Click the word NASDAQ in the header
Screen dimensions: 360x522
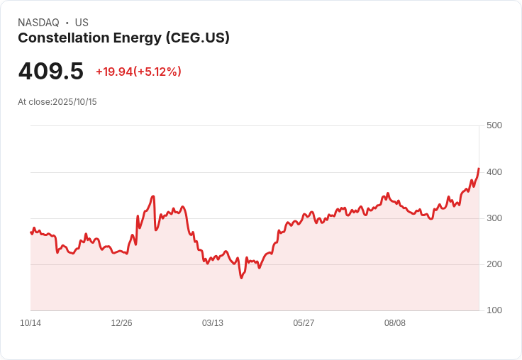pos(38,23)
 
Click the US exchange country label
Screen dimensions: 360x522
pos(82,23)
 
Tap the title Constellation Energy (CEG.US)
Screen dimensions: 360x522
pos(123,38)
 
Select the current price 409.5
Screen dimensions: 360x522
pos(50,72)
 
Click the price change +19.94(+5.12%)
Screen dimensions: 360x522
pos(138,72)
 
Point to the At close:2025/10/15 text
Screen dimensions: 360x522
pos(57,102)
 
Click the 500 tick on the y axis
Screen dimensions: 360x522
pos(494,125)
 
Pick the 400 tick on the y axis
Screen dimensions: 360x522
pos(494,172)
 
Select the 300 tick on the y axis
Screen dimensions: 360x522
pos(494,218)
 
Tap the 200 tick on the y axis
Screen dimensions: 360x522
pos(494,264)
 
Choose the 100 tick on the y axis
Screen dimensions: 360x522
pos(494,310)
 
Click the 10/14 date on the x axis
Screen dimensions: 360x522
pos(30,323)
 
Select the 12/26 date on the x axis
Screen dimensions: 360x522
pos(121,323)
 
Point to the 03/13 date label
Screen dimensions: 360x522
pos(213,323)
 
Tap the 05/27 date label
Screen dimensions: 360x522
pos(304,323)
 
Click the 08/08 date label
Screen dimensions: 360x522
pos(395,323)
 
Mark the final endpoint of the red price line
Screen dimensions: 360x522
pos(479,169)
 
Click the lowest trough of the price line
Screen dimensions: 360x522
pos(241,278)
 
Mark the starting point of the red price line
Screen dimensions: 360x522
pos(31,232)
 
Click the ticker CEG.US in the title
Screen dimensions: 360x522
pos(198,38)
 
